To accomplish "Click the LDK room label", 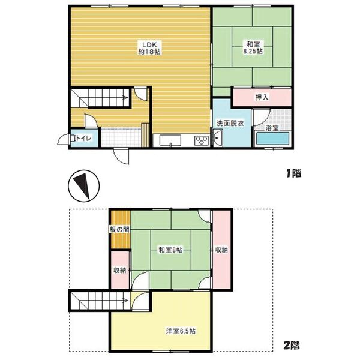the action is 149,44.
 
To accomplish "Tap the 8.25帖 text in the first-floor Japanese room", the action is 253,51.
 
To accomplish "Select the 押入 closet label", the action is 262,97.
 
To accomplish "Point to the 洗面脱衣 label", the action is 230,123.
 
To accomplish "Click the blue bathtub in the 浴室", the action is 272,139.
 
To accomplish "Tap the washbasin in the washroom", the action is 218,137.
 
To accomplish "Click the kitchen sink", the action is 170,140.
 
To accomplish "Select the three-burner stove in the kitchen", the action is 202,140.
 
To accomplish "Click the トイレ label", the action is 84,139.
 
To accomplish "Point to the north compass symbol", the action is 84,186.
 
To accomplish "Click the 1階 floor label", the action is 293,173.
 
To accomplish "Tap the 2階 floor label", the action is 292,346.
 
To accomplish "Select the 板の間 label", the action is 119,229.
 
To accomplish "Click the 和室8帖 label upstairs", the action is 170,250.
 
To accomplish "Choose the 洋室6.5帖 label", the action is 181,331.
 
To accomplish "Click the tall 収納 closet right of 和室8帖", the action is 221,250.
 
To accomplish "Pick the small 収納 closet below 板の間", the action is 120,270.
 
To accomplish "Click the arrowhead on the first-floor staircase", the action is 126,98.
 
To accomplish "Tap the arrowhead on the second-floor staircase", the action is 126,300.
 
